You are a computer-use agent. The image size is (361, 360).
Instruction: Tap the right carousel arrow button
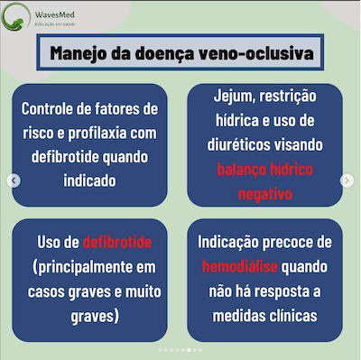pyautogui.click(x=347, y=180)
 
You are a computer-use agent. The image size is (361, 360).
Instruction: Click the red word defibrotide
pyautogui.click(x=116, y=243)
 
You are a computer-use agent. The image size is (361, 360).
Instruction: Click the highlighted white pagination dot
pyautogui.click(x=186, y=348)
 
